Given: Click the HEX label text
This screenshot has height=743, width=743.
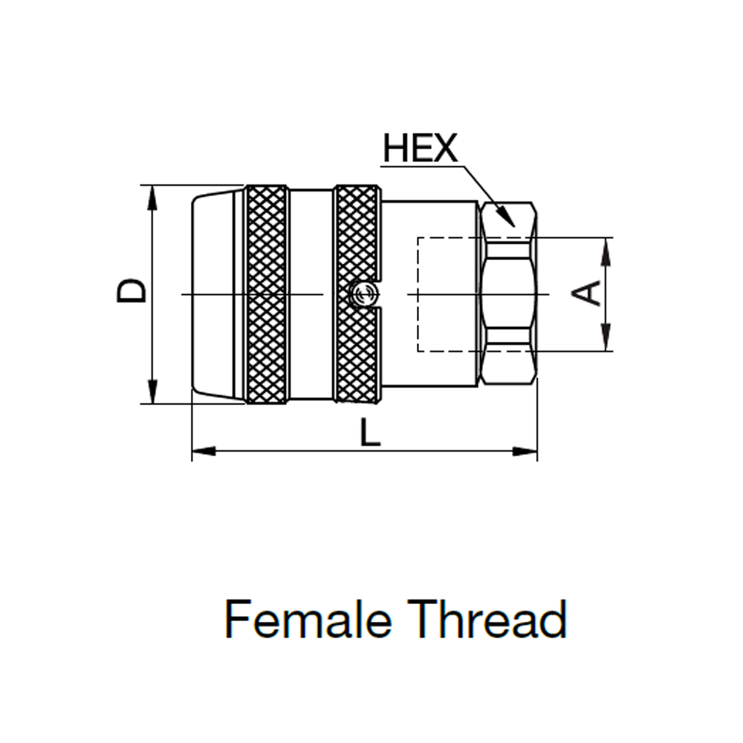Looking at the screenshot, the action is tap(421, 149).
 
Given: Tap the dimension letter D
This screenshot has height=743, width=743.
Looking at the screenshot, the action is tap(132, 291).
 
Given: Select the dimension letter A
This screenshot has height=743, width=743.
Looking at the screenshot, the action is tap(587, 293).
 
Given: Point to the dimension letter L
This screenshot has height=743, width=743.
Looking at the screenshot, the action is tap(370, 432).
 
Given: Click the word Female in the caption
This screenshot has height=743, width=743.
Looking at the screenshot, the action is tap(308, 619).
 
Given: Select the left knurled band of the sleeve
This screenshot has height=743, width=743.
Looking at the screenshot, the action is tap(266, 294).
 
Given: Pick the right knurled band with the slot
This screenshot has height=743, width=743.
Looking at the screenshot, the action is tap(358, 294).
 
